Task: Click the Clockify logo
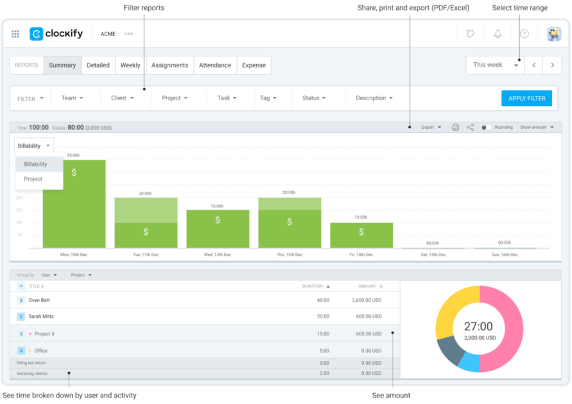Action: (x=56, y=34)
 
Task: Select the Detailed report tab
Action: (x=98, y=65)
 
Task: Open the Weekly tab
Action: (x=130, y=65)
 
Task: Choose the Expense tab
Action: (x=254, y=65)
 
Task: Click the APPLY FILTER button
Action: (x=526, y=98)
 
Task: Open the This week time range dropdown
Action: (x=495, y=65)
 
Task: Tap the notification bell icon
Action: (x=498, y=34)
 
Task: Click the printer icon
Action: (x=455, y=128)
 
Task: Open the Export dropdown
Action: (x=431, y=128)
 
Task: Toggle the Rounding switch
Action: (x=486, y=128)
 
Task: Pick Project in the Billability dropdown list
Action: (x=33, y=180)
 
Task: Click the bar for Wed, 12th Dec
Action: (x=218, y=229)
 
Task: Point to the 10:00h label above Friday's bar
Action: (x=361, y=217)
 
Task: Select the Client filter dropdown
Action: (x=123, y=98)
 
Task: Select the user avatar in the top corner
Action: (x=553, y=34)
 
